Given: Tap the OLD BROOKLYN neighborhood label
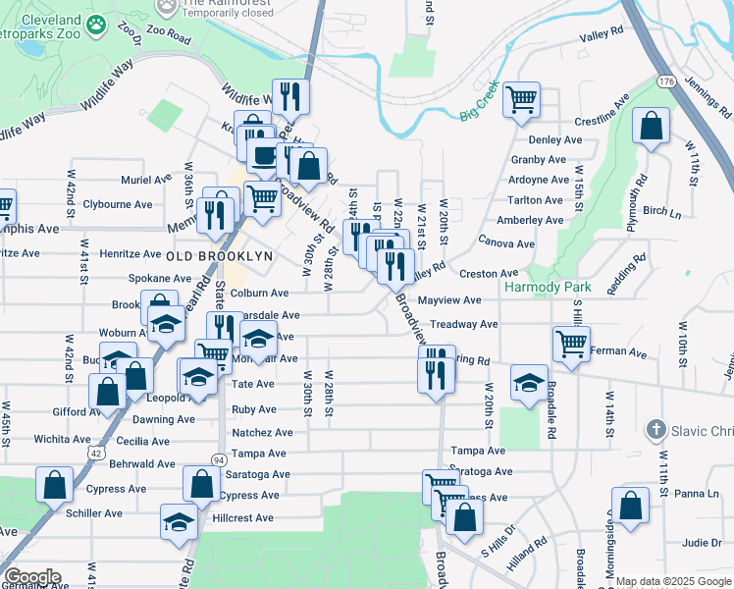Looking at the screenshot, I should (x=219, y=255).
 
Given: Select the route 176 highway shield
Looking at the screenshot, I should (x=667, y=80).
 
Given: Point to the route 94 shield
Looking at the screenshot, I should (x=218, y=458).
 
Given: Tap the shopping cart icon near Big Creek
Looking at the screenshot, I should (x=522, y=100).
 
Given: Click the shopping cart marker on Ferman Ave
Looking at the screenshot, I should (x=571, y=345).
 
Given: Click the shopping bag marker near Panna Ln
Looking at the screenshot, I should (x=633, y=507).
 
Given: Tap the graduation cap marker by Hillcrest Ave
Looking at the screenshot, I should (x=178, y=522).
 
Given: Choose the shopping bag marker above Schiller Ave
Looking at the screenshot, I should (x=54, y=486).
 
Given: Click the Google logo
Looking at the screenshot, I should (x=31, y=577).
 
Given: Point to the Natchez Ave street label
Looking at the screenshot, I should (x=262, y=432).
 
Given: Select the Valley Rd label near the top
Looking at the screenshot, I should (x=602, y=33).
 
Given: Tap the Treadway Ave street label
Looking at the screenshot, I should (x=464, y=324).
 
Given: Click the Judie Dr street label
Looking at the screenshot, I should (x=702, y=542).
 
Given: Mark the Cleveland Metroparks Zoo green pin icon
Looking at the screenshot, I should (x=96, y=26).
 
